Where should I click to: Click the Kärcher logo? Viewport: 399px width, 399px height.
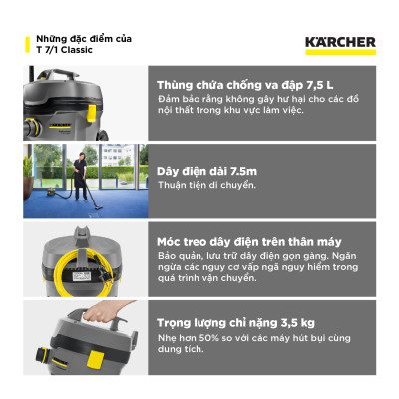(339, 42)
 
